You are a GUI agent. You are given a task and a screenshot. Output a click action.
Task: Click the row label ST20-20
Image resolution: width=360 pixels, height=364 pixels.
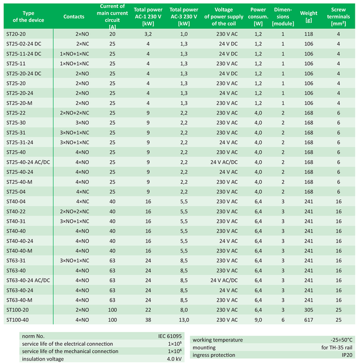(x=16, y=34)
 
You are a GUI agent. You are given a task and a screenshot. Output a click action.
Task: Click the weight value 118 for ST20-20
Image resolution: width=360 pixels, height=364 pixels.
(x=308, y=34)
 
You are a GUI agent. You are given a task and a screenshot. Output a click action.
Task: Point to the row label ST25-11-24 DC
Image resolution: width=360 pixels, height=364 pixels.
(x=24, y=54)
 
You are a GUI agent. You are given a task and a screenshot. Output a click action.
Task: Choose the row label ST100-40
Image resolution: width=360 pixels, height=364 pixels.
(x=17, y=320)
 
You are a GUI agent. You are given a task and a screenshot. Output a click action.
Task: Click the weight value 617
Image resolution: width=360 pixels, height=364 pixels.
(x=308, y=320)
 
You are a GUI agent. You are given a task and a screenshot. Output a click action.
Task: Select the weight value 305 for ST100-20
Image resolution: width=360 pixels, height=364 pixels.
(x=308, y=310)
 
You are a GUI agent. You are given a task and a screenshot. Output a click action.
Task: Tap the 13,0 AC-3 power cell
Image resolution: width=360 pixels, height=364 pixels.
(x=183, y=320)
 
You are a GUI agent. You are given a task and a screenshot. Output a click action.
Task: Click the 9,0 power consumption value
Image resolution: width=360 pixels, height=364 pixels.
(x=258, y=320)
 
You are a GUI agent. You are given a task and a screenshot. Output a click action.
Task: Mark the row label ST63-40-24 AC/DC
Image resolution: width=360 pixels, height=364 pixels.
(x=28, y=280)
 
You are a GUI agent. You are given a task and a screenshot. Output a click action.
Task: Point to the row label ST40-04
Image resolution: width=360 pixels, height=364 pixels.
(x=16, y=202)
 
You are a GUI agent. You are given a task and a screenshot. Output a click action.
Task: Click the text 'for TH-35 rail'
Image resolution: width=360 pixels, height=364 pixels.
(x=336, y=348)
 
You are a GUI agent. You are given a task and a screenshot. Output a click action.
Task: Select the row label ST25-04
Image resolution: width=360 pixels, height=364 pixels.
(x=16, y=192)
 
